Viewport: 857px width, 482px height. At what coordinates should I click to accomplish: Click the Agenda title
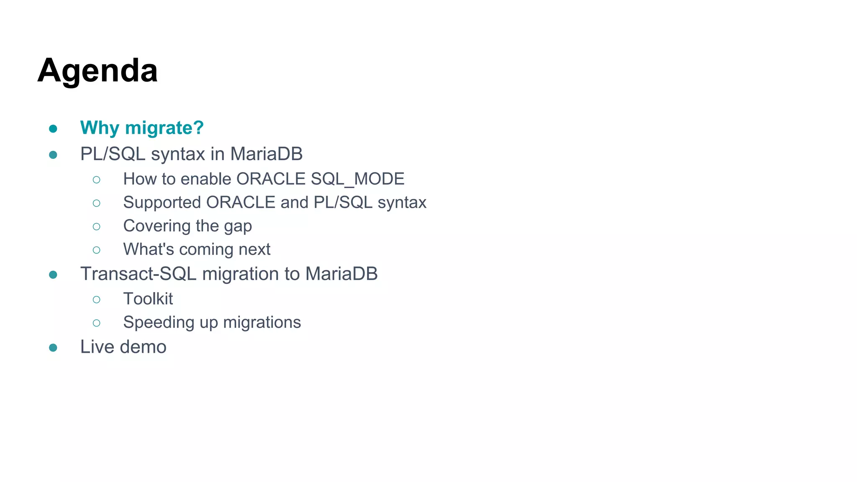click(x=98, y=71)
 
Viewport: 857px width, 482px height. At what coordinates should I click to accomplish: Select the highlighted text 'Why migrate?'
click(x=142, y=128)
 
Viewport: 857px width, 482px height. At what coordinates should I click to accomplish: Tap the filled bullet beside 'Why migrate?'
click(x=53, y=128)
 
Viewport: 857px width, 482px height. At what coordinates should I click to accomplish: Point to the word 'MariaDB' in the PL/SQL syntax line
click(x=266, y=154)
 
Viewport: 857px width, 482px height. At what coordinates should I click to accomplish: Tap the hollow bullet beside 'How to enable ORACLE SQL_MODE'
click(x=97, y=180)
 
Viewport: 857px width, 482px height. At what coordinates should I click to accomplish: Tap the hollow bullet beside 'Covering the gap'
click(x=97, y=227)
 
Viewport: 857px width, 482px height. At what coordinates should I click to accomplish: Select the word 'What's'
click(x=149, y=249)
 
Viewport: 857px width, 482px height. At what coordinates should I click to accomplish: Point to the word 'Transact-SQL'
click(x=139, y=274)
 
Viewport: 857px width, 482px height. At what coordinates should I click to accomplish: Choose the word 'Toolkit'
click(x=148, y=299)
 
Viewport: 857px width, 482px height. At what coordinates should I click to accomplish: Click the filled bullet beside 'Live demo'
click(x=53, y=348)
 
